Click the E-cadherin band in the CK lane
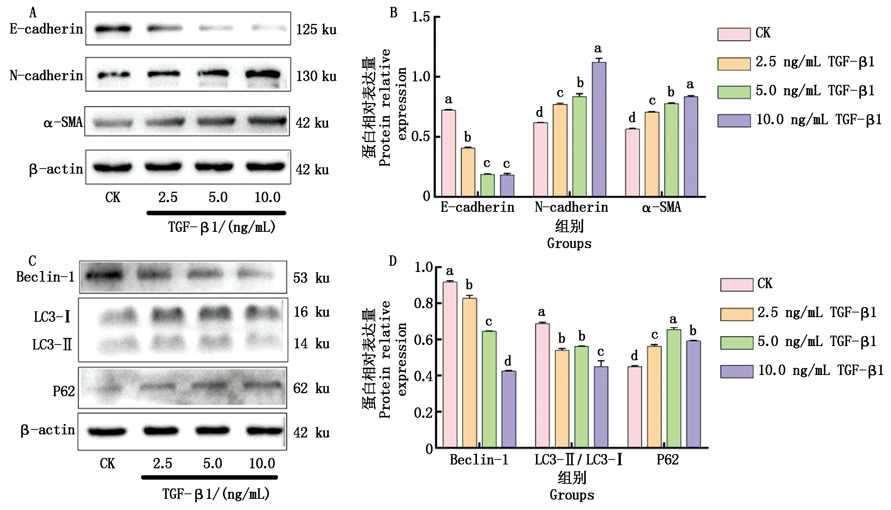point(113,29)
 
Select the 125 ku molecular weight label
point(316,30)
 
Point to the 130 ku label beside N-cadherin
point(316,76)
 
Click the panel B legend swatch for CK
point(734,34)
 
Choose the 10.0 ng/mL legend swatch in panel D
point(736,371)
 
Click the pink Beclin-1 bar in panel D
point(450,365)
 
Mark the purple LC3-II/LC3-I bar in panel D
point(601,407)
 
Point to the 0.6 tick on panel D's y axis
point(423,339)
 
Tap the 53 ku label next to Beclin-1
point(311,278)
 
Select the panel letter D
point(393,261)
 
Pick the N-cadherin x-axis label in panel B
point(571,208)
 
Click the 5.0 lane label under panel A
point(218,198)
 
